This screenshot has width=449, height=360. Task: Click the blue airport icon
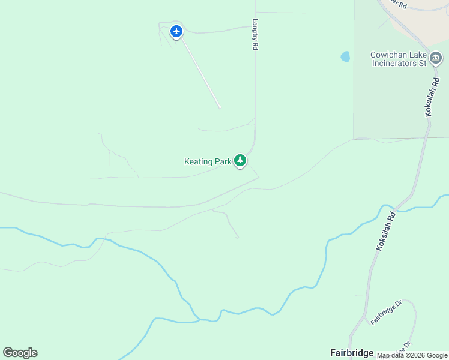coord(176,31)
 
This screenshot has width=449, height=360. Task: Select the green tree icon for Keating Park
coord(240,161)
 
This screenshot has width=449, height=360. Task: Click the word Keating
coord(199,161)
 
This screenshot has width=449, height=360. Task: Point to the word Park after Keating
coord(223,161)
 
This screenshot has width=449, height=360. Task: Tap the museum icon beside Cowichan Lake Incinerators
coord(436,58)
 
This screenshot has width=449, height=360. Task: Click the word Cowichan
coord(389,55)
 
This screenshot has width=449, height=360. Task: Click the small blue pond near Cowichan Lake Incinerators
coord(345,57)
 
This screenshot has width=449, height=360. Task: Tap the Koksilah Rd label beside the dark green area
coord(430,97)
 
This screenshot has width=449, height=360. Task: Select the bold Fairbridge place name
coord(352,353)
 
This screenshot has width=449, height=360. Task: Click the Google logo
coord(20,353)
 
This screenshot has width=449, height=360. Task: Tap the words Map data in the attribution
coord(391,355)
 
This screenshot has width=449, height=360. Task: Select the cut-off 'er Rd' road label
coord(397,4)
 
